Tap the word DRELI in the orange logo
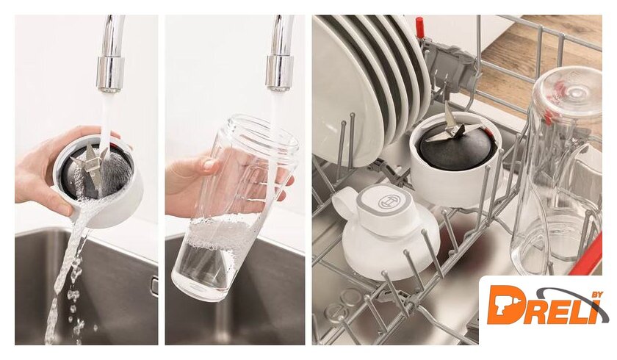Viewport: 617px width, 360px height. pos(544,306)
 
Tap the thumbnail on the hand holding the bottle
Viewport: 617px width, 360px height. pos(209,165)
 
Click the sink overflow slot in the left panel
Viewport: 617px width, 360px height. pos(155,286)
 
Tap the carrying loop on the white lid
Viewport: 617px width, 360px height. pos(344,201)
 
